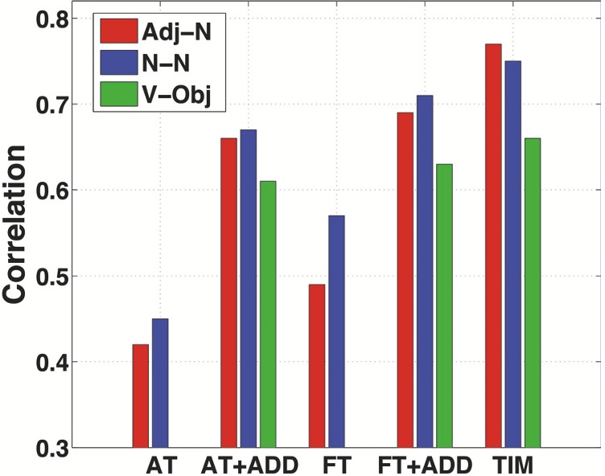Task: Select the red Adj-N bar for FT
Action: click(x=317, y=365)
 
